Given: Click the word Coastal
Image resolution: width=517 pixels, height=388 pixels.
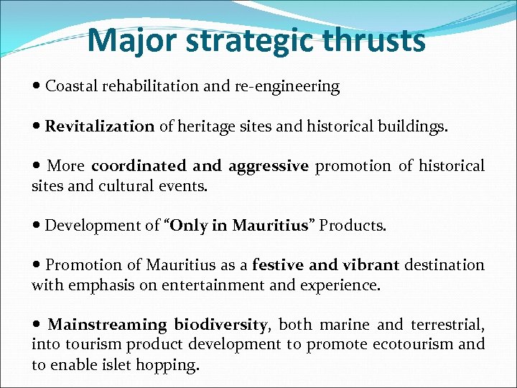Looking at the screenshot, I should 72,87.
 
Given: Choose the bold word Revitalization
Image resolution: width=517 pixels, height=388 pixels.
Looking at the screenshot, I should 100,127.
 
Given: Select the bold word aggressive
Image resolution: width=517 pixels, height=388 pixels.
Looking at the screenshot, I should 269,167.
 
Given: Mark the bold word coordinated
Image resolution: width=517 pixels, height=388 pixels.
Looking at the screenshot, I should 141,167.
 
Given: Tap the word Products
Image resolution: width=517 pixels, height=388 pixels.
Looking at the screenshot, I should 353,226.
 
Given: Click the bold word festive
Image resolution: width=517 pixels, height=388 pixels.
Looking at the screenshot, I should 278,265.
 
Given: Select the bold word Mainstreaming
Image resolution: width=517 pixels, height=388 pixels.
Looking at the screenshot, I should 107,325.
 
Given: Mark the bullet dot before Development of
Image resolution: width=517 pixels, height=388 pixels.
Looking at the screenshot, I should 37,226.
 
